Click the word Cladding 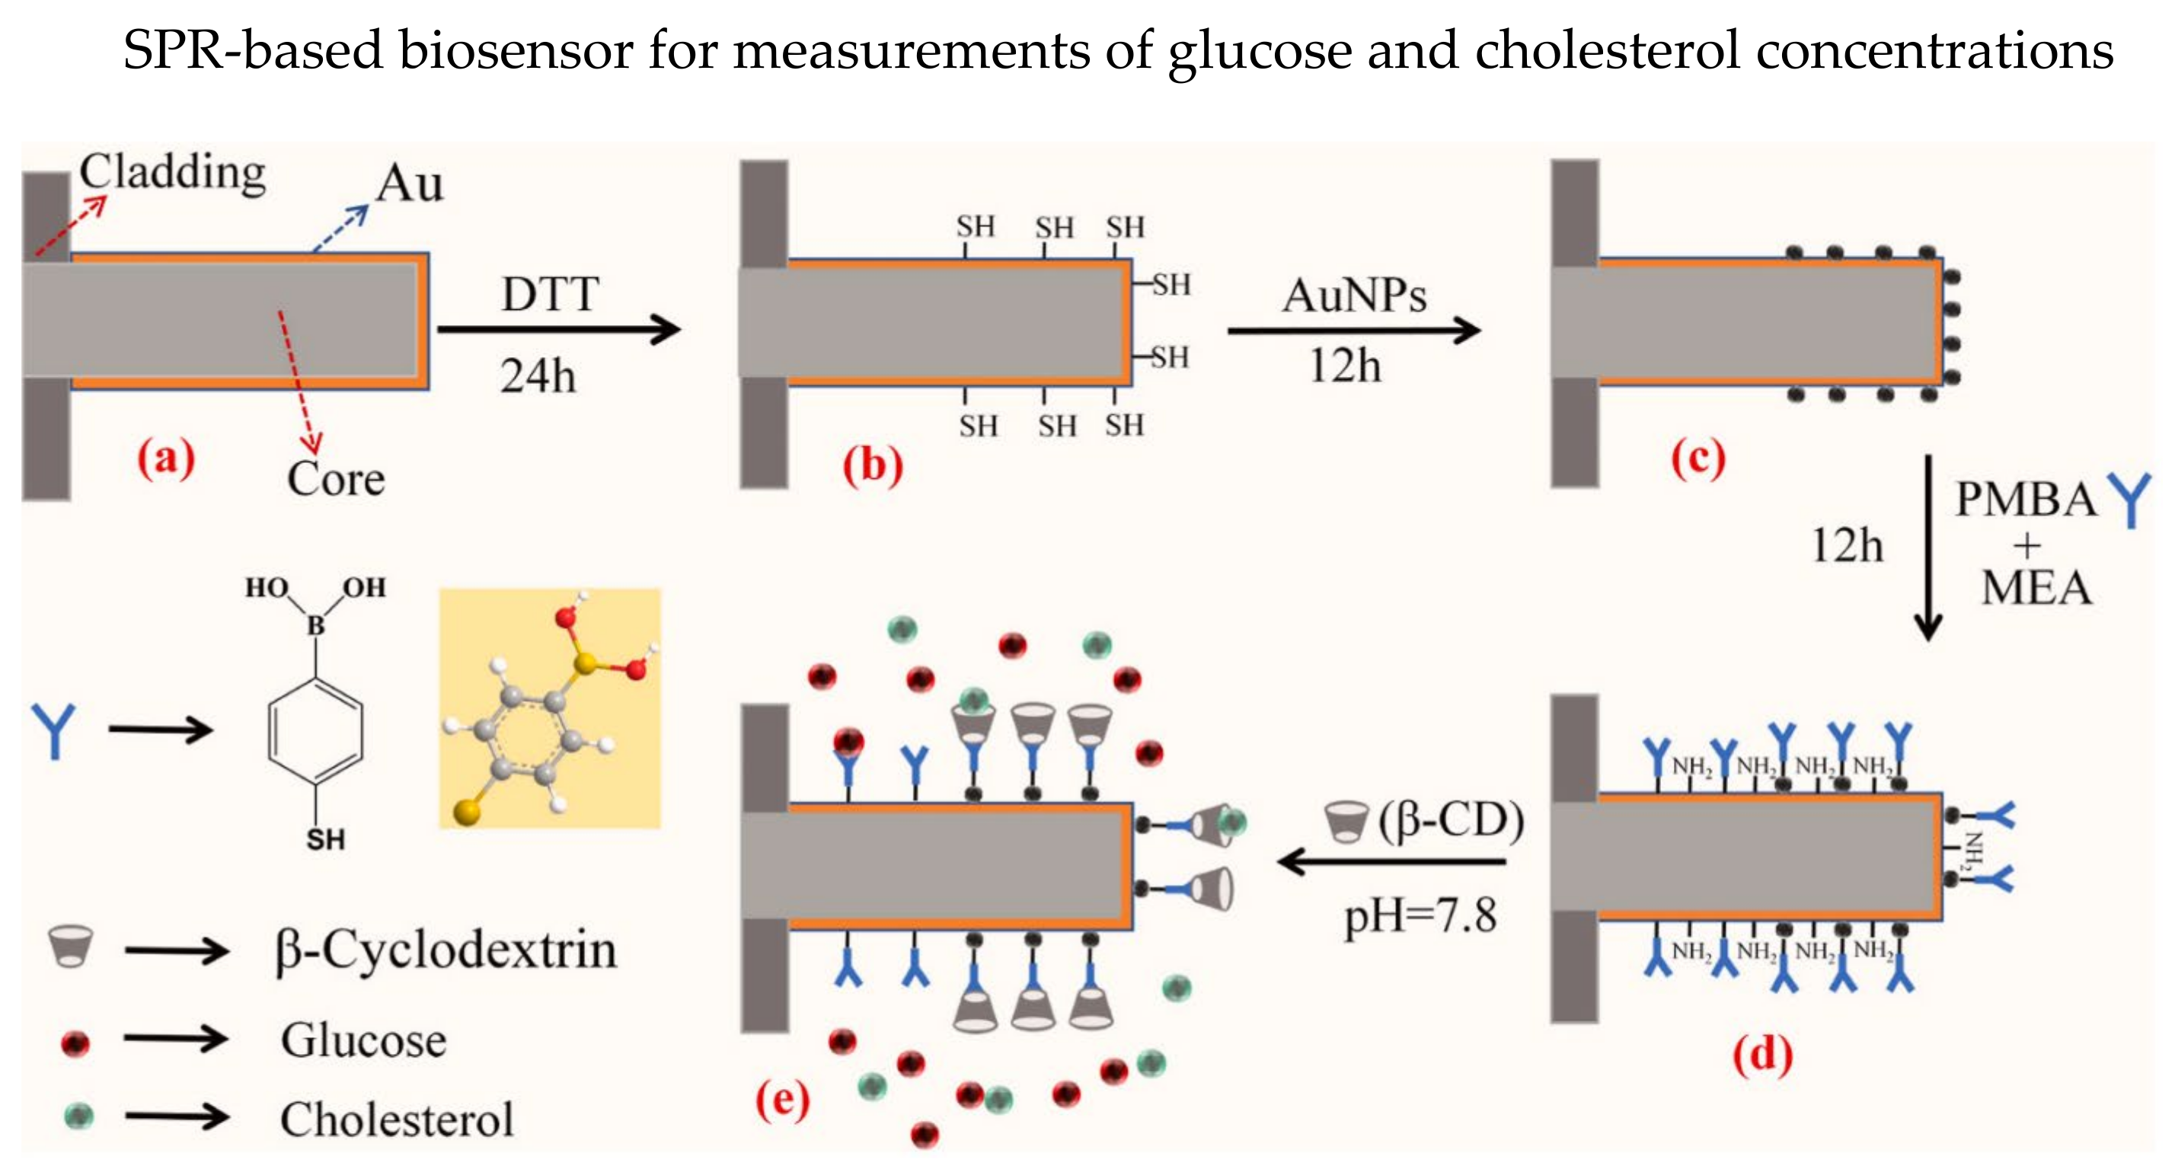pyautogui.click(x=172, y=173)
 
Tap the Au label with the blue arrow pyautogui.click(x=410, y=184)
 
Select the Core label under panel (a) pyautogui.click(x=335, y=479)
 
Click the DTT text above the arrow pyautogui.click(x=551, y=295)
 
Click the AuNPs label pyautogui.click(x=1353, y=295)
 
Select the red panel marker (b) pyautogui.click(x=872, y=465)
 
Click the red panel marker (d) pyautogui.click(x=1762, y=1055)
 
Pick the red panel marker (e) pyautogui.click(x=782, y=1100)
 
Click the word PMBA pyautogui.click(x=2026, y=500)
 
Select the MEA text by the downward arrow pyautogui.click(x=2036, y=589)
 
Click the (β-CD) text pyautogui.click(x=1451, y=821)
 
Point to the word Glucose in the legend pyautogui.click(x=363, y=1040)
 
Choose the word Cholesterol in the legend pyautogui.click(x=396, y=1119)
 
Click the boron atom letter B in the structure pyautogui.click(x=315, y=626)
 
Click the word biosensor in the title pyautogui.click(x=516, y=51)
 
